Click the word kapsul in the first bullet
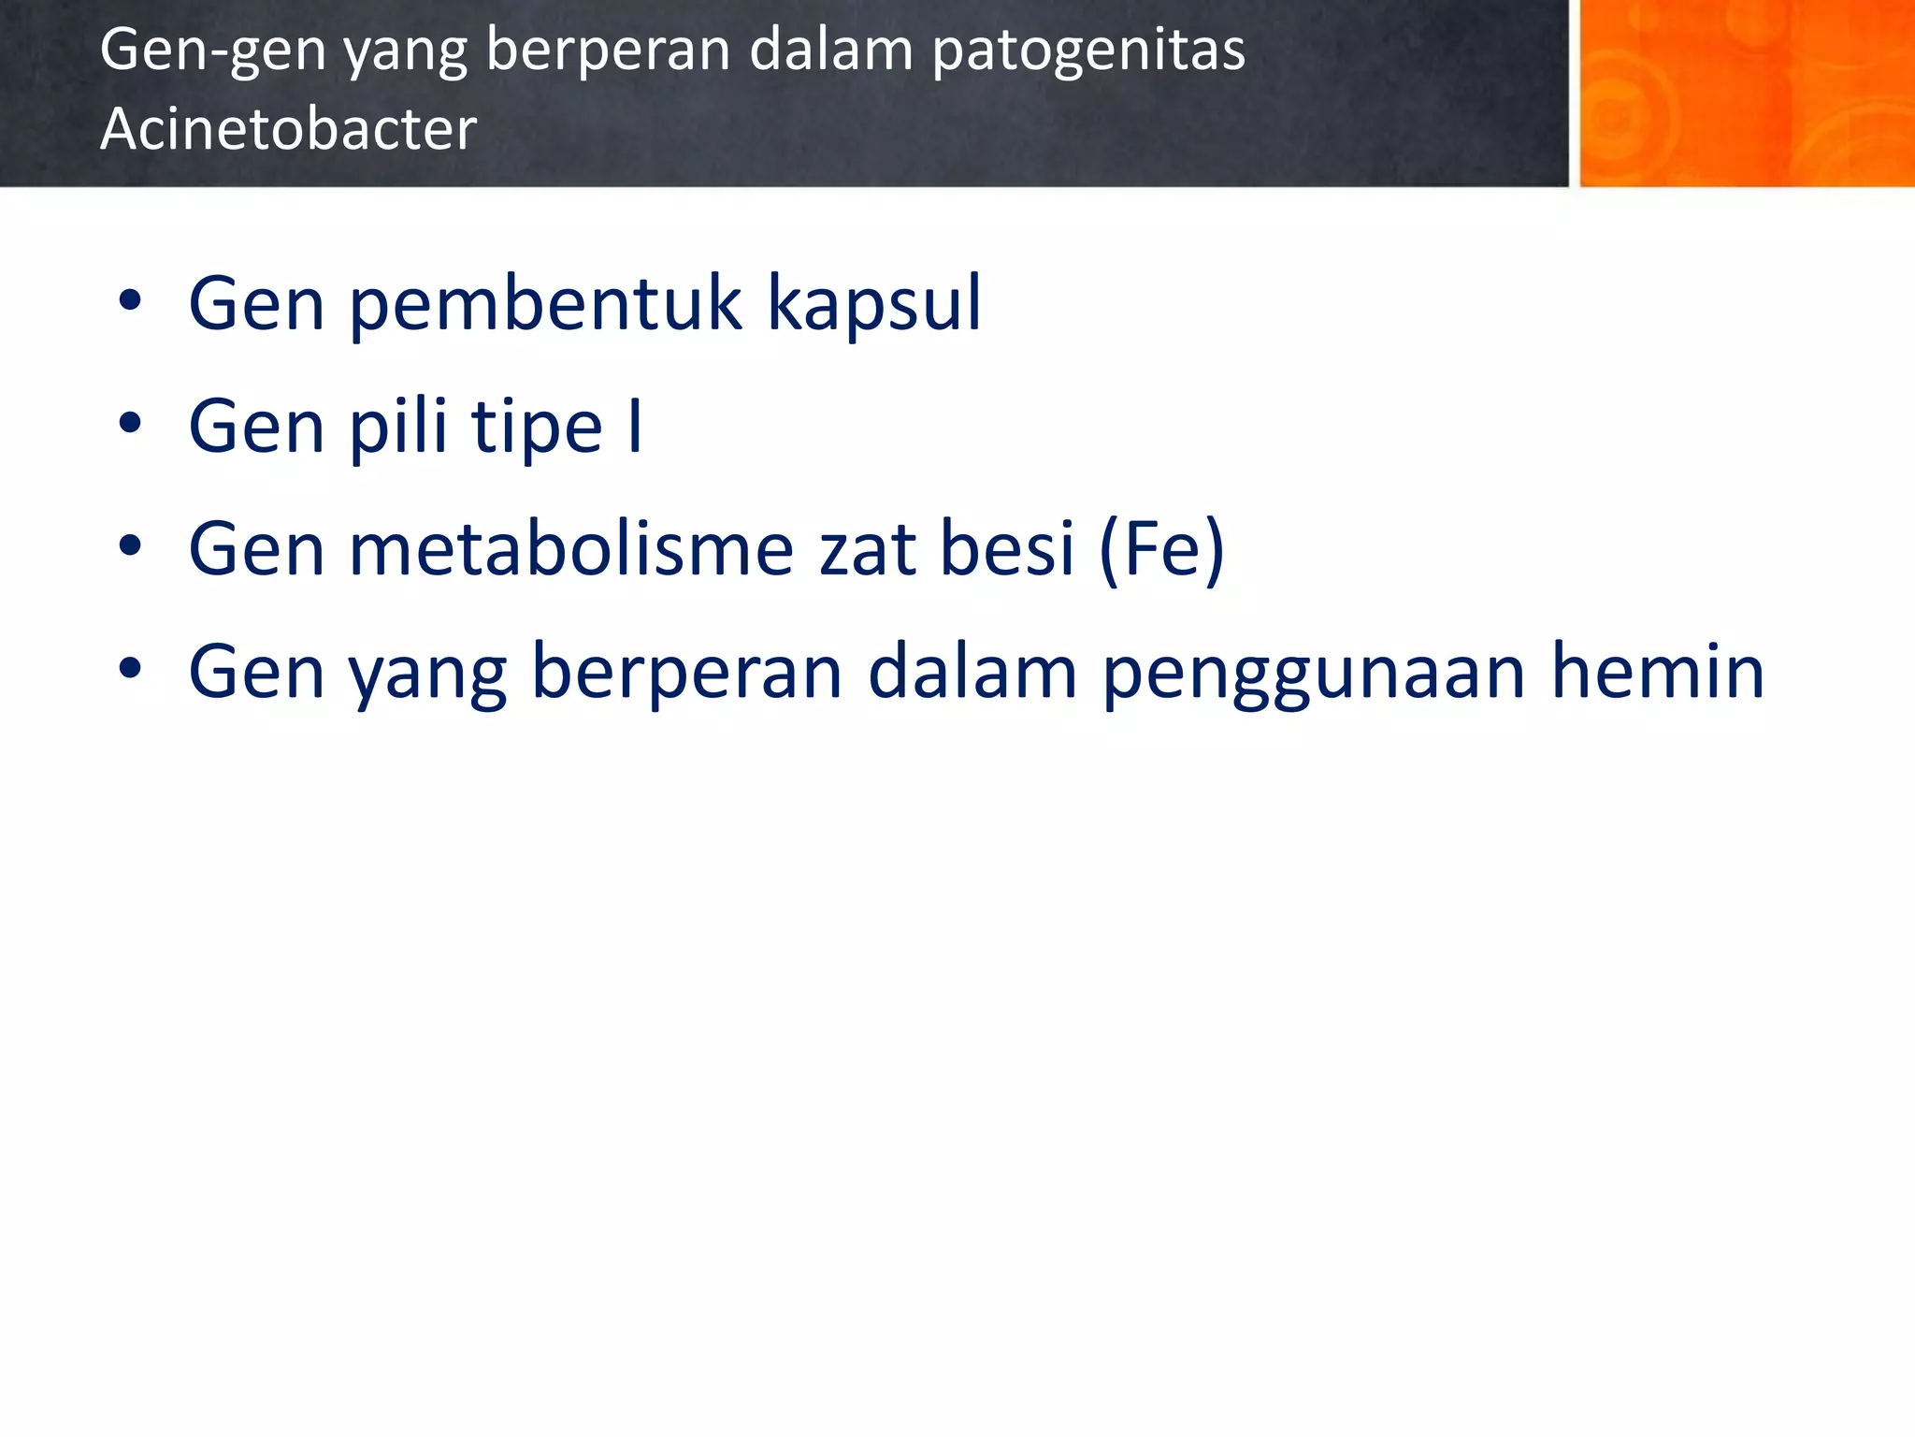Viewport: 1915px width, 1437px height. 874,303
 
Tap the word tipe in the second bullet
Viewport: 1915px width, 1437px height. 537,427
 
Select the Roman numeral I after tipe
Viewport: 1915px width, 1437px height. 635,427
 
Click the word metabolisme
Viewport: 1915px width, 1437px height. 571,549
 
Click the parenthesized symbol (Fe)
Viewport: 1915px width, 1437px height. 1161,549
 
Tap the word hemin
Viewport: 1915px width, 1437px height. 1657,671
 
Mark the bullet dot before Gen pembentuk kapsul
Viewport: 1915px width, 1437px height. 130,301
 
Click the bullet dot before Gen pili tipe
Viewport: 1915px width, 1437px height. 130,424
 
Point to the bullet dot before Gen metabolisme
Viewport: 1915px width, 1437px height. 130,546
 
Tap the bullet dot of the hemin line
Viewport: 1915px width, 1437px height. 130,669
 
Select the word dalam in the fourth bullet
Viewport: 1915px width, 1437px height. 972,671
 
